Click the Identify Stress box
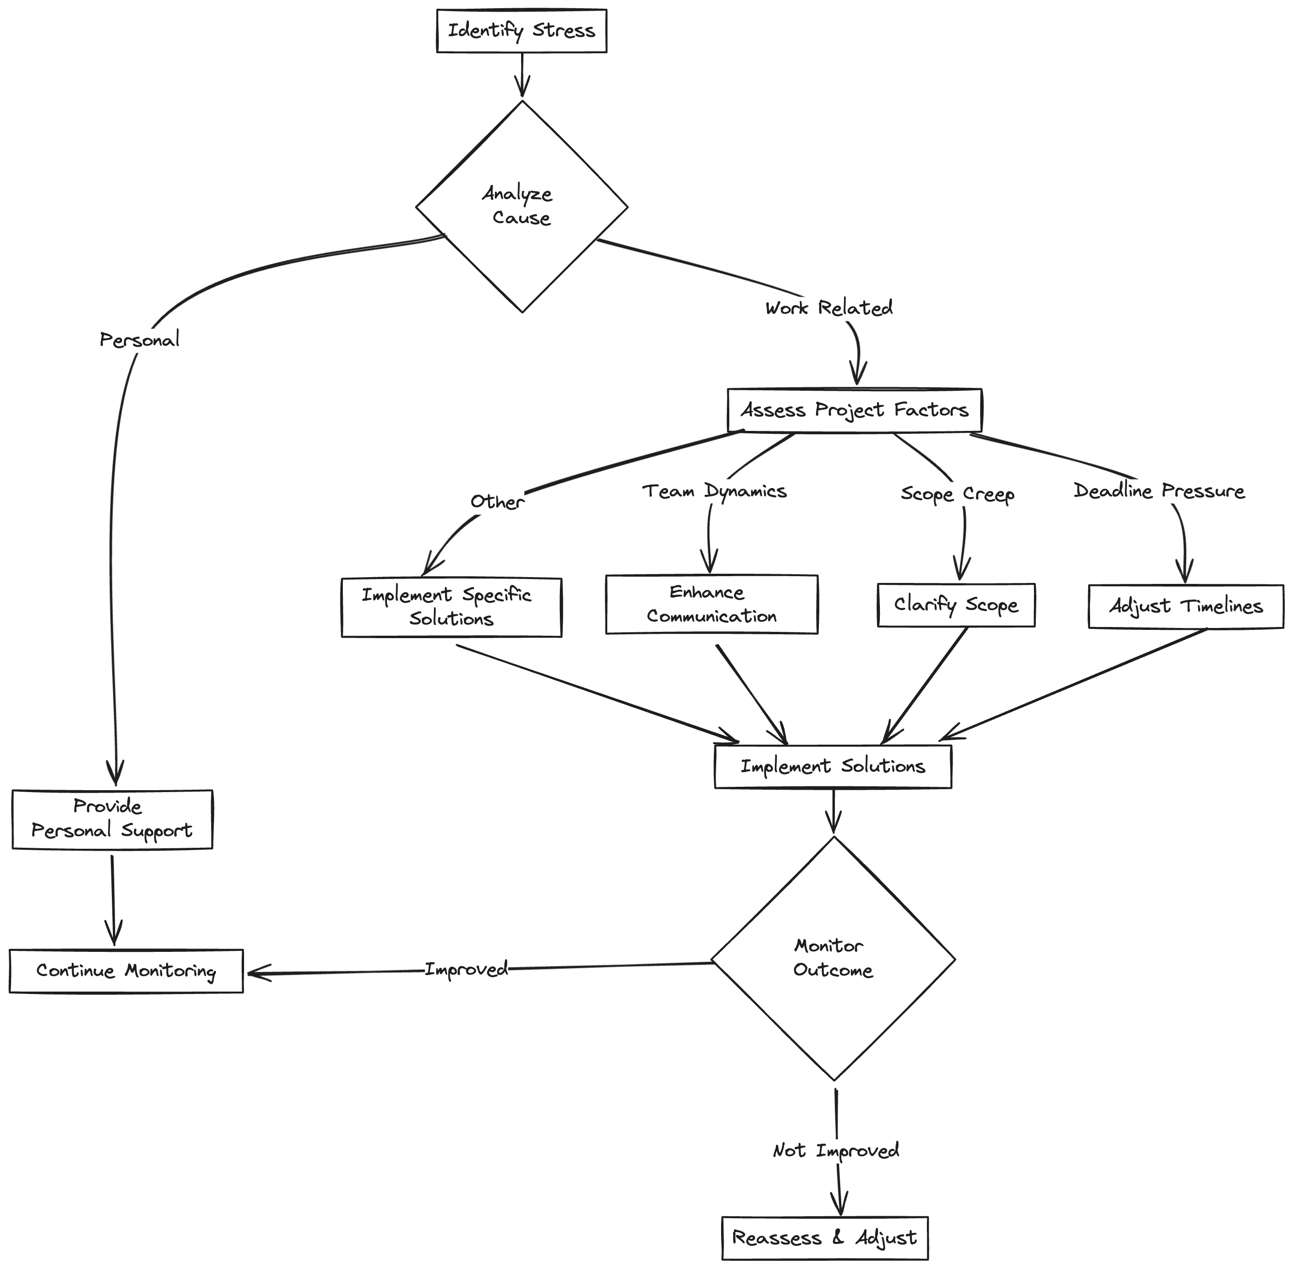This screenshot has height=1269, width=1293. click(x=521, y=31)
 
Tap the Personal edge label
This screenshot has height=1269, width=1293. click(x=139, y=340)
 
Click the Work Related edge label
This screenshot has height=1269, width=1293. click(x=829, y=308)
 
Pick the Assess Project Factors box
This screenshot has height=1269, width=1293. click(x=854, y=410)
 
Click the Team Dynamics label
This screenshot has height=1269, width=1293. click(x=714, y=491)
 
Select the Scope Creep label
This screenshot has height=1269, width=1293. click(x=957, y=494)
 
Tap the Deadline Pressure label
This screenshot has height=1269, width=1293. click(x=1159, y=491)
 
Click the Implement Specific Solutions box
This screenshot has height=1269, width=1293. click(x=451, y=607)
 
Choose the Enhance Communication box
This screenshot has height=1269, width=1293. click(x=711, y=604)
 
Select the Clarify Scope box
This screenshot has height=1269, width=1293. click(x=956, y=605)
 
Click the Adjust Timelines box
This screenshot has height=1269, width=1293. click(x=1185, y=607)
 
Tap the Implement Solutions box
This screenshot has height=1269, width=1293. click(x=832, y=766)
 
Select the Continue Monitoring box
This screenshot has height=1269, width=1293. click(x=126, y=971)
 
